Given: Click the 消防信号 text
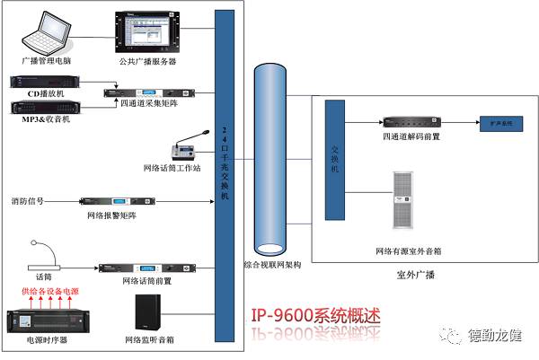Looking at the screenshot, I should [x=28, y=201].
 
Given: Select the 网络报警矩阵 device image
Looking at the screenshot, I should [x=112, y=202].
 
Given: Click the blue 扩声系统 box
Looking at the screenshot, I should [x=499, y=121].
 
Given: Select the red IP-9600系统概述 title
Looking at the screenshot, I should [x=316, y=315].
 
